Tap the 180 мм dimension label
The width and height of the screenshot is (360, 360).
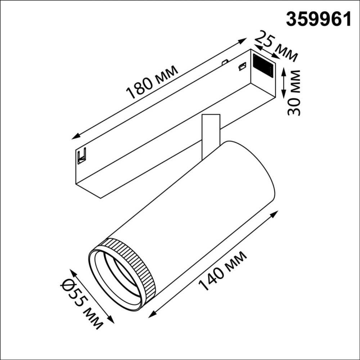(x=153, y=82)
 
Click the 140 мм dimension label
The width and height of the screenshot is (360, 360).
(x=223, y=271)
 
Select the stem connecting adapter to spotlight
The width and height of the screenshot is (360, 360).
(x=210, y=135)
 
